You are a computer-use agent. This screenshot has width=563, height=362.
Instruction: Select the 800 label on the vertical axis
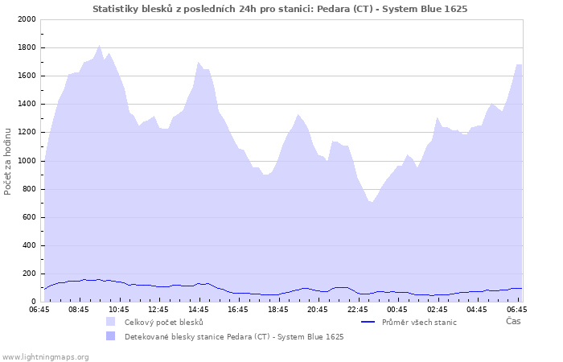(x=28, y=189)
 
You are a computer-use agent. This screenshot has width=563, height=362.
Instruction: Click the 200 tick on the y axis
(x=28, y=274)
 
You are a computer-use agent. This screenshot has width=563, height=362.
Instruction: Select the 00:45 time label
(x=397, y=309)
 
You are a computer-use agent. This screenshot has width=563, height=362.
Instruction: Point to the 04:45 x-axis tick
(x=477, y=309)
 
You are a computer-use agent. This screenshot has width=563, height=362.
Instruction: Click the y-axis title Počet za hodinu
(x=8, y=160)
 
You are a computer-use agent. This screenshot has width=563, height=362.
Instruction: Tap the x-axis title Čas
(x=512, y=321)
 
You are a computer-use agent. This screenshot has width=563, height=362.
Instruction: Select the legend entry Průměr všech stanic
(x=419, y=323)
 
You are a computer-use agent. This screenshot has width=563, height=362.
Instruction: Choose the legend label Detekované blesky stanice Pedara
(x=234, y=337)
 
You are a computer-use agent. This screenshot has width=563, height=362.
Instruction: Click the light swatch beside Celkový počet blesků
(x=110, y=322)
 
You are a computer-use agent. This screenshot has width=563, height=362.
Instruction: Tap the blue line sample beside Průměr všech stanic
(x=368, y=322)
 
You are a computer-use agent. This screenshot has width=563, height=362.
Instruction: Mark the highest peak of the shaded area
(x=99, y=45)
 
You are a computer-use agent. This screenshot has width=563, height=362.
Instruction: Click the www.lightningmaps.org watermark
(x=45, y=356)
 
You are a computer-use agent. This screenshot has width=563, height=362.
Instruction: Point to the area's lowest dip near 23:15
(x=372, y=202)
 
